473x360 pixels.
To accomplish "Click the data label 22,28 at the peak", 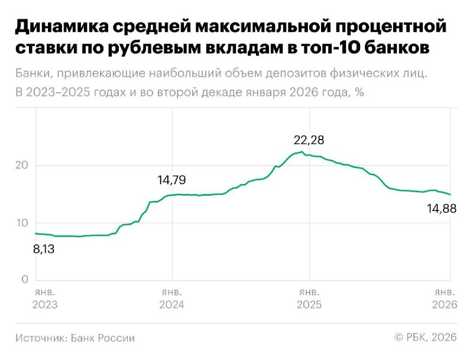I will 309,140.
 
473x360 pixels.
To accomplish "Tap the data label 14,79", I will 175,180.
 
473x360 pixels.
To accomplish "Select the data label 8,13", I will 44,249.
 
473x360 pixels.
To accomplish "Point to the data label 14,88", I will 442,207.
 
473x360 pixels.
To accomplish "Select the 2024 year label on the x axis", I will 171,305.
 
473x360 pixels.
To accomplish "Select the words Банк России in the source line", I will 103,338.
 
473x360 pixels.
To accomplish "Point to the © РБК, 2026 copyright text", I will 426,338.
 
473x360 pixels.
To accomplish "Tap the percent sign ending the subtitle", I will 359,93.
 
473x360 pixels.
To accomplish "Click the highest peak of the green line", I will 302,152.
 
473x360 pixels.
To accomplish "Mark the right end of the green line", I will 451,194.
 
